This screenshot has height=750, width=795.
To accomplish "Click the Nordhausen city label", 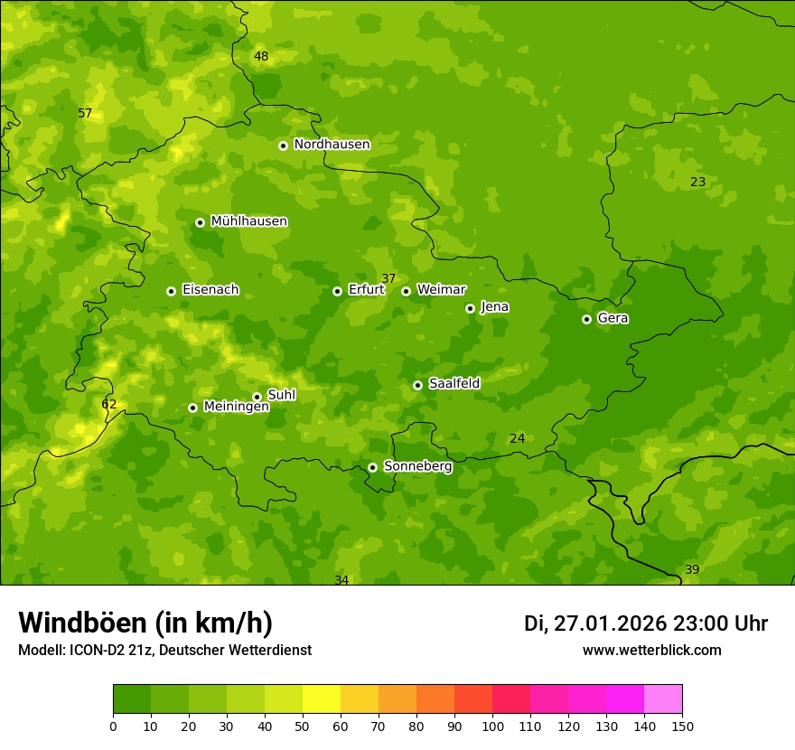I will pyautogui.click(x=332, y=145).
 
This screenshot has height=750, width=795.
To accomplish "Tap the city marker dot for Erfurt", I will pyautogui.click(x=337, y=291).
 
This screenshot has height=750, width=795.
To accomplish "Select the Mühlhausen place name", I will pyautogui.click(x=248, y=221).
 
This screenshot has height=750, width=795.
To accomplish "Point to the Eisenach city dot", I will pyautogui.click(x=171, y=291).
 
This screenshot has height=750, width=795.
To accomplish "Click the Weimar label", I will pyautogui.click(x=441, y=290).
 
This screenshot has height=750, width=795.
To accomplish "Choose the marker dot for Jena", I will pyautogui.click(x=470, y=308).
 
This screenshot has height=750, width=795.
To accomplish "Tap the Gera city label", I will pyautogui.click(x=613, y=318).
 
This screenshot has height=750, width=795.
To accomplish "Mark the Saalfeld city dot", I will pyautogui.click(x=417, y=385).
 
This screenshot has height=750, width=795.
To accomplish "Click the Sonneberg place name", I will pyautogui.click(x=417, y=466).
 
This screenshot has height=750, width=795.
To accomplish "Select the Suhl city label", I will pyautogui.click(x=281, y=395).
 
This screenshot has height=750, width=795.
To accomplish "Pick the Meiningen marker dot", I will pyautogui.click(x=192, y=408).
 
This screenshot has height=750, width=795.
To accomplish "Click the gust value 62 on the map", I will pyautogui.click(x=108, y=405).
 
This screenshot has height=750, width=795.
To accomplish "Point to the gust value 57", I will pyautogui.click(x=85, y=114).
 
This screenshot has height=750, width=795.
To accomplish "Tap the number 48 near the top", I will pyautogui.click(x=261, y=57).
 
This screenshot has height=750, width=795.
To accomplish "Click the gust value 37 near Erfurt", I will pyautogui.click(x=388, y=279).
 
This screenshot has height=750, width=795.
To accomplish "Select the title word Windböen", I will pyautogui.click(x=82, y=623).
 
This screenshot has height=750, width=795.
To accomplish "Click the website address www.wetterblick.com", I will pyautogui.click(x=651, y=650).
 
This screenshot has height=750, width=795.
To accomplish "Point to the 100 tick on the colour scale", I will pyautogui.click(x=492, y=726).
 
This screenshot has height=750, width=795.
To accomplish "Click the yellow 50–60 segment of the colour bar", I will pyautogui.click(x=322, y=699).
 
